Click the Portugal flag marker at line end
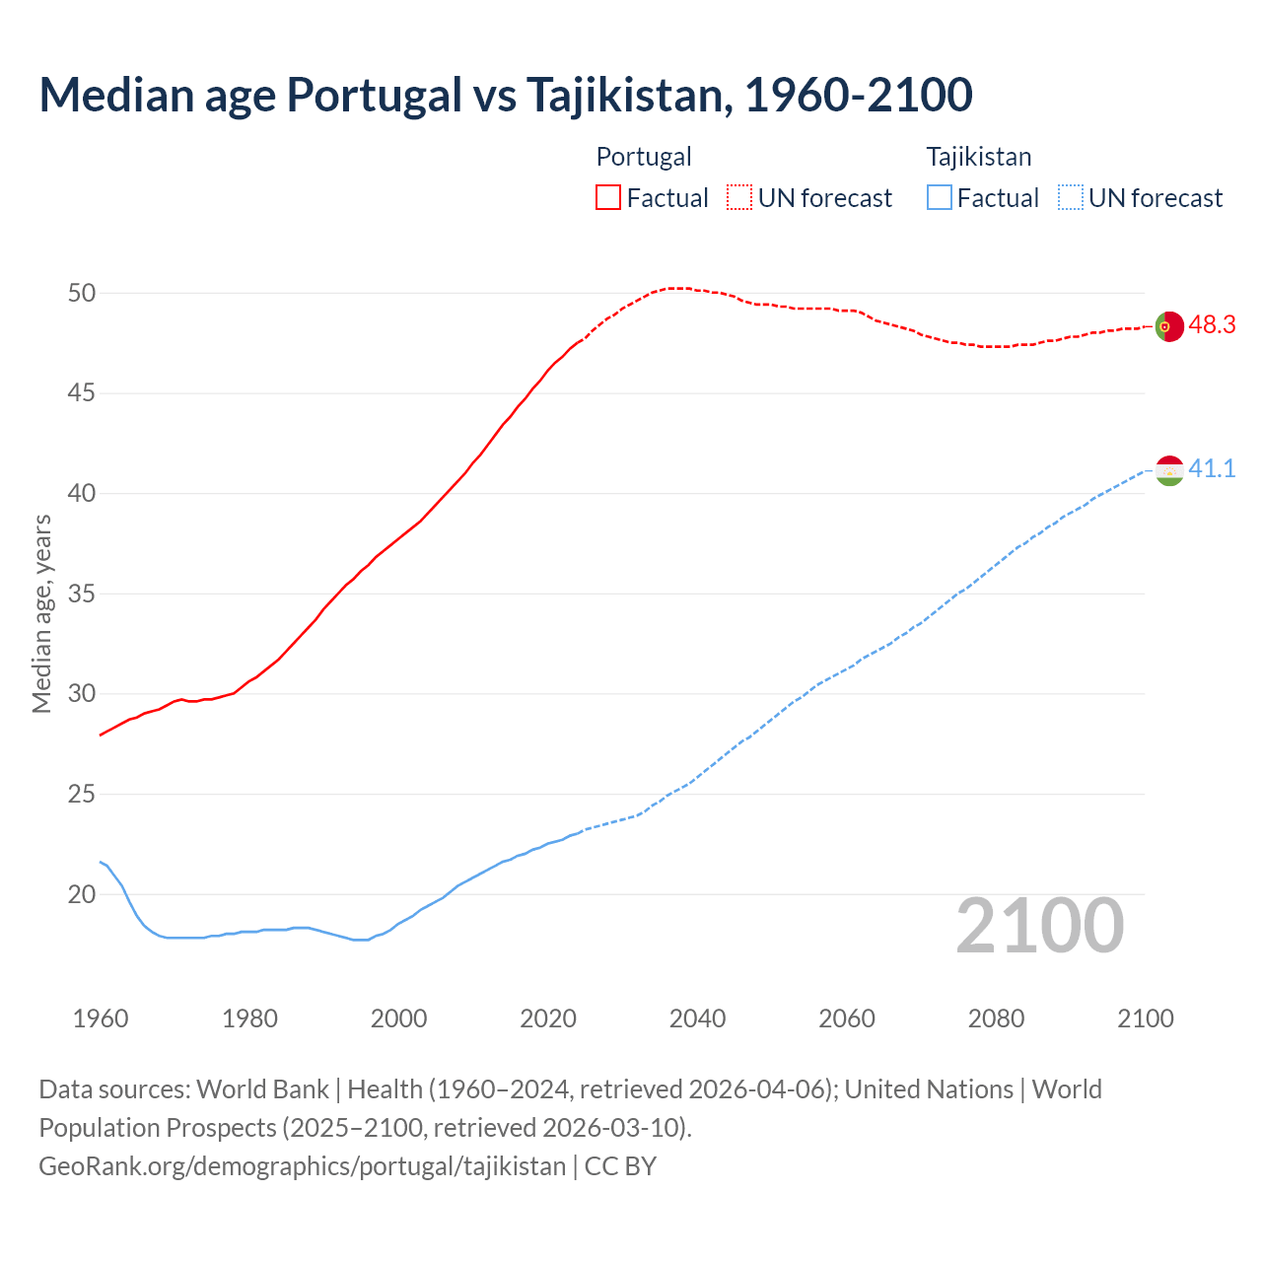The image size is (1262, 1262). pyautogui.click(x=1168, y=325)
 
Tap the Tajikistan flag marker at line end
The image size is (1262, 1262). pyautogui.click(x=1168, y=470)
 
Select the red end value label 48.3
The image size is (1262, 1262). pyautogui.click(x=1212, y=325)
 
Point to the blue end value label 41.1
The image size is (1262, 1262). pyautogui.click(x=1212, y=469)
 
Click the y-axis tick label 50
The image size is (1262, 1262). pyautogui.click(x=82, y=293)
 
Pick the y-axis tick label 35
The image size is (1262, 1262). pyautogui.click(x=82, y=595)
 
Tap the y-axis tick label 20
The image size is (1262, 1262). pyautogui.click(x=82, y=895)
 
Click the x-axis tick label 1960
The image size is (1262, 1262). pyautogui.click(x=101, y=1018)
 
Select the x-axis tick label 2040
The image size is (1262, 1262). pyautogui.click(x=697, y=1018)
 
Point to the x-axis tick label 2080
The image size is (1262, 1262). pyautogui.click(x=996, y=1018)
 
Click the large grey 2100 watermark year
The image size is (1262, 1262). pyautogui.click(x=1039, y=926)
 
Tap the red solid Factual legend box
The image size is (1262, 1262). pyautogui.click(x=608, y=197)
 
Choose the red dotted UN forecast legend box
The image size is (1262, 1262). pyautogui.click(x=739, y=197)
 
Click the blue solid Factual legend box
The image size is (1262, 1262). pyautogui.click(x=940, y=197)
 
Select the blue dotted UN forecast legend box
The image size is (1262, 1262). pyautogui.click(x=1071, y=197)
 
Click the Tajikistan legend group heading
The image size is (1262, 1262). pyautogui.click(x=978, y=157)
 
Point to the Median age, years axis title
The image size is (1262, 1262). pyautogui.click(x=41, y=613)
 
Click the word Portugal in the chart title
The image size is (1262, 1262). pyautogui.click(x=374, y=95)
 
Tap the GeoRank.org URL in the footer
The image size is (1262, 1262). pyautogui.click(x=302, y=1165)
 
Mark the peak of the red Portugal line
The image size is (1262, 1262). pyautogui.click(x=675, y=288)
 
